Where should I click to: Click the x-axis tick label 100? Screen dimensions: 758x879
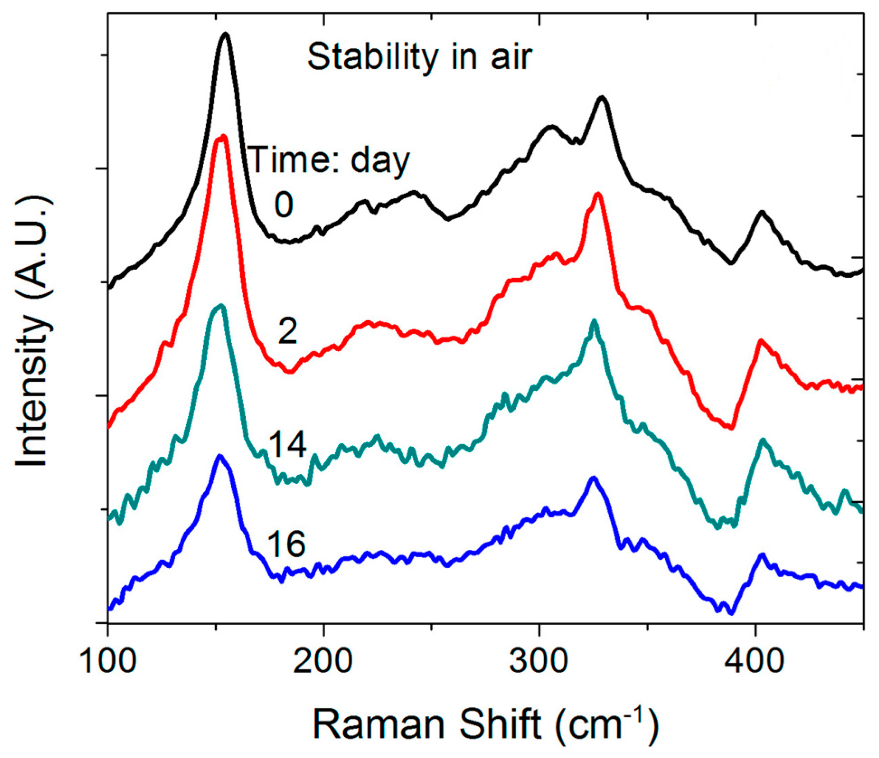pyautogui.click(x=108, y=661)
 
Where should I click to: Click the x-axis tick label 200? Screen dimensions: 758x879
pyautogui.click(x=323, y=661)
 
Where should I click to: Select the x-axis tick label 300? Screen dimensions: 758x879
pyautogui.click(x=539, y=661)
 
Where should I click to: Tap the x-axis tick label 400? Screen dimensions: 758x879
pyautogui.click(x=755, y=661)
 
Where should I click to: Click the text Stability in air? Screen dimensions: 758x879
pyautogui.click(x=419, y=57)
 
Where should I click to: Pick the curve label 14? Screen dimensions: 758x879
pyautogui.click(x=287, y=444)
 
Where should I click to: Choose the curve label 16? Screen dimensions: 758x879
pyautogui.click(x=286, y=544)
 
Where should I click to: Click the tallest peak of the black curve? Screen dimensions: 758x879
pyautogui.click(x=225, y=35)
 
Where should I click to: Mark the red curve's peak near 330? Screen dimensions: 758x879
pyautogui.click(x=598, y=194)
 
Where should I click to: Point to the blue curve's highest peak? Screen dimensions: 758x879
pyautogui.click(x=220, y=456)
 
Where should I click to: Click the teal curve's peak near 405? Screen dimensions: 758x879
pyautogui.click(x=763, y=440)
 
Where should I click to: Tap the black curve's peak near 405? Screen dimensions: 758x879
pyautogui.click(x=762, y=212)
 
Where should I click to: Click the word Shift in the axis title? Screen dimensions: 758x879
pyautogui.click(x=500, y=724)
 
